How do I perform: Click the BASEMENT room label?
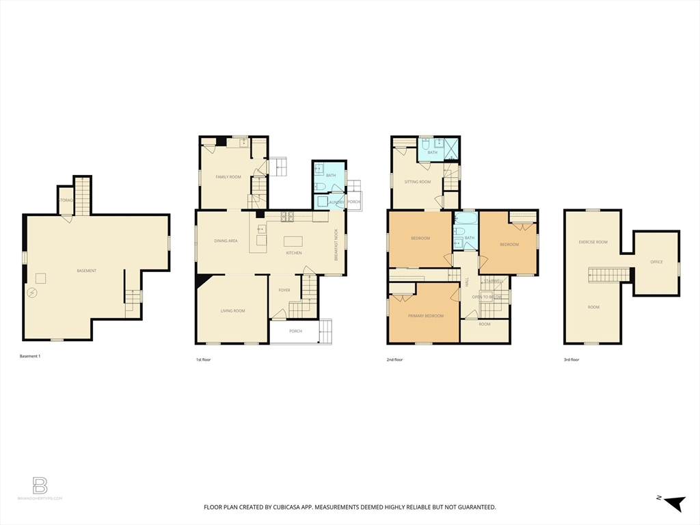pyautogui.click(x=86, y=271)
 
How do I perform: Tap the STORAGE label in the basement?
pyautogui.click(x=65, y=200)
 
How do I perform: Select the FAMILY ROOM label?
pyautogui.click(x=228, y=177)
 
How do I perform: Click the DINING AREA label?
pyautogui.click(x=226, y=241)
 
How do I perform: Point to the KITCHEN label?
pyautogui.click(x=294, y=253)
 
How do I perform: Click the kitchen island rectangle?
pyautogui.click(x=293, y=241)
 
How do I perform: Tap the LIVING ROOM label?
pyautogui.click(x=232, y=311)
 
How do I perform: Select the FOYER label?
pyautogui.click(x=284, y=291)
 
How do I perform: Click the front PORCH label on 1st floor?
pyautogui.click(x=295, y=332)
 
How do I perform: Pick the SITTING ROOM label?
pyautogui.click(x=418, y=182)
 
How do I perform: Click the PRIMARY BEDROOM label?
pyautogui.click(x=425, y=316)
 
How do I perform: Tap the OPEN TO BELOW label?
pyautogui.click(x=487, y=297)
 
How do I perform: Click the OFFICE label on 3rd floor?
pyautogui.click(x=656, y=262)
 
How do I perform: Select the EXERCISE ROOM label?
pyautogui.click(x=593, y=242)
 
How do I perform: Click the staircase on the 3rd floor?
pyautogui.click(x=608, y=275)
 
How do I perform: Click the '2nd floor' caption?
pyautogui.click(x=394, y=360)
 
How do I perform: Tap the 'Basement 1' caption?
pyautogui.click(x=30, y=356)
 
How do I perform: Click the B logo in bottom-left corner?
pyautogui.click(x=40, y=486)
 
